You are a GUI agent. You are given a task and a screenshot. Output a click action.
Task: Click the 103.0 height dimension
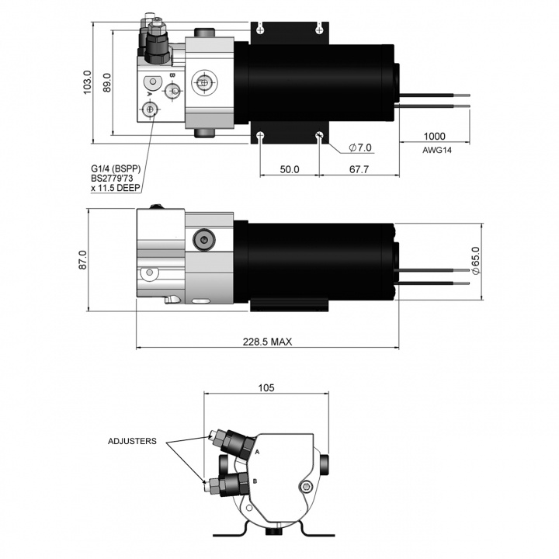click(x=88, y=82)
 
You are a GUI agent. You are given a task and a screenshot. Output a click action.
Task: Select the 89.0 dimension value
click(x=107, y=83)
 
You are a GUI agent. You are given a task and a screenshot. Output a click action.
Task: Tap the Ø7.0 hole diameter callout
click(x=361, y=148)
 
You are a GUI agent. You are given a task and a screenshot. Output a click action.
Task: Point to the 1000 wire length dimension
click(x=434, y=134)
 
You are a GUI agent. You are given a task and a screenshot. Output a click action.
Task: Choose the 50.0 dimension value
click(x=290, y=168)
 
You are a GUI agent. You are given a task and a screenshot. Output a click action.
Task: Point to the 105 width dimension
click(x=266, y=386)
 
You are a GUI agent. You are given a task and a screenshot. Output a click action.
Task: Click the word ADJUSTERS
click(x=132, y=441)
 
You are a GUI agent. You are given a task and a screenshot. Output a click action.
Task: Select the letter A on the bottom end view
click(x=256, y=450)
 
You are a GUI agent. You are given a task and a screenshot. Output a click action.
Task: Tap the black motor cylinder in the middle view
click(x=318, y=264)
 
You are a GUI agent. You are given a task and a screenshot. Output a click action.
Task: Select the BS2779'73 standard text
click(x=116, y=177)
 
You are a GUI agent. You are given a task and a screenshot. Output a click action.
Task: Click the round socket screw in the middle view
click(x=205, y=242)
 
